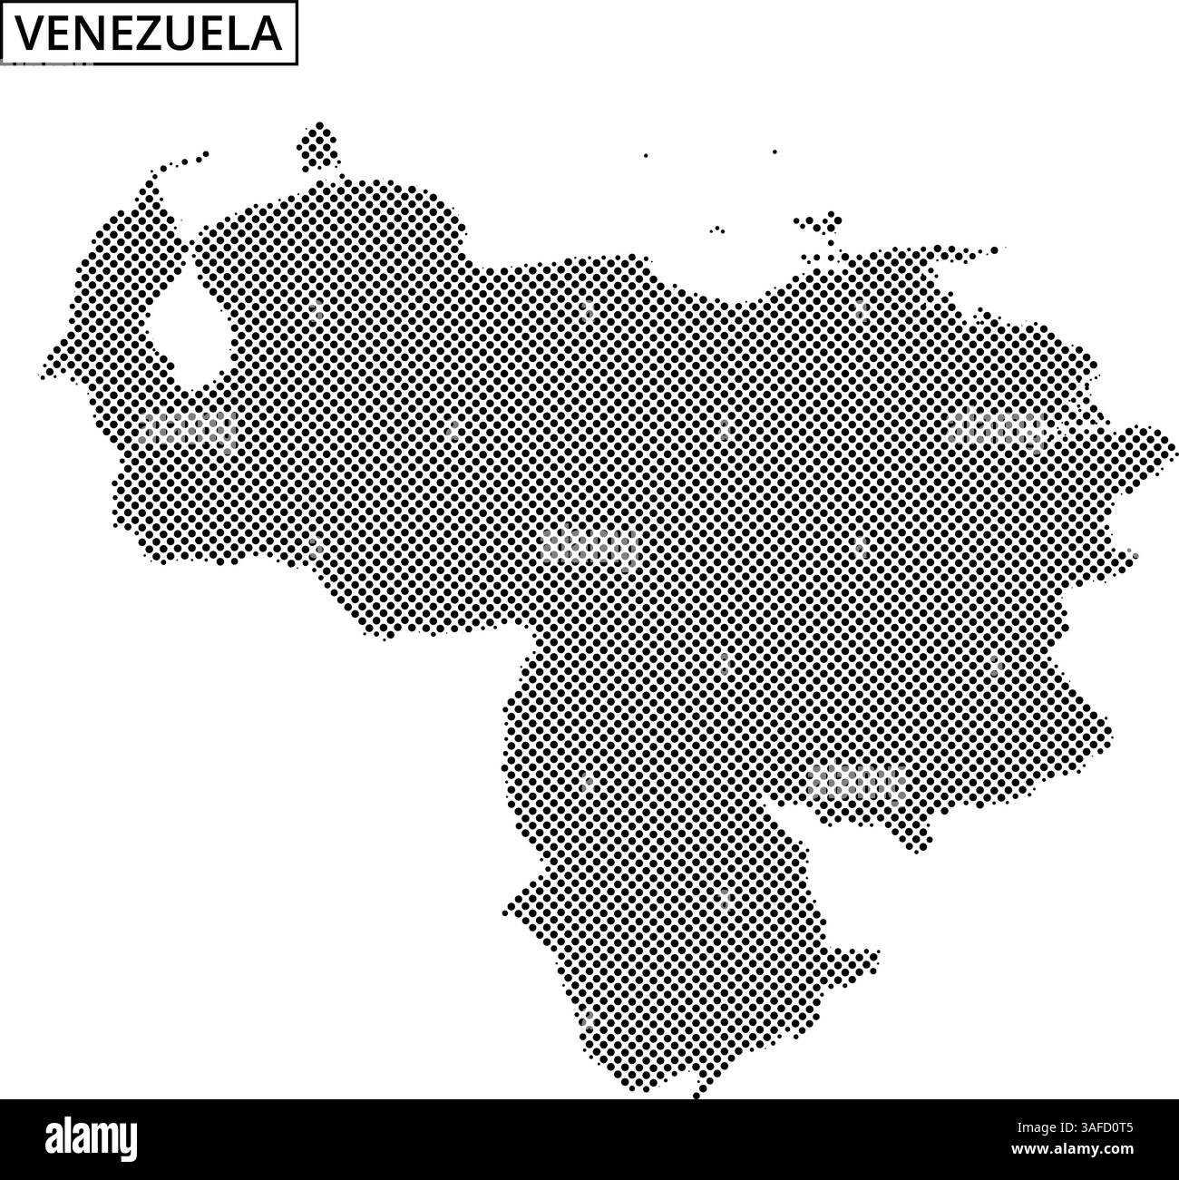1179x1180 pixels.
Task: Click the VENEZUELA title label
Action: [x=150, y=34]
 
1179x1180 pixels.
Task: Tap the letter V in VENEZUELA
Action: [x=29, y=34]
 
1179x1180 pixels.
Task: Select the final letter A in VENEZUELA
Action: [x=267, y=34]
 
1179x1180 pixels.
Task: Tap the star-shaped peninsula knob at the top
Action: [x=318, y=146]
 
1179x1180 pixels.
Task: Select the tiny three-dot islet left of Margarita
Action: [x=717, y=230]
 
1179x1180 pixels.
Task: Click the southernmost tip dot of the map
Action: [x=697, y=1095]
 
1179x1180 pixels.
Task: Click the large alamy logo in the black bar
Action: [x=92, y=1137]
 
